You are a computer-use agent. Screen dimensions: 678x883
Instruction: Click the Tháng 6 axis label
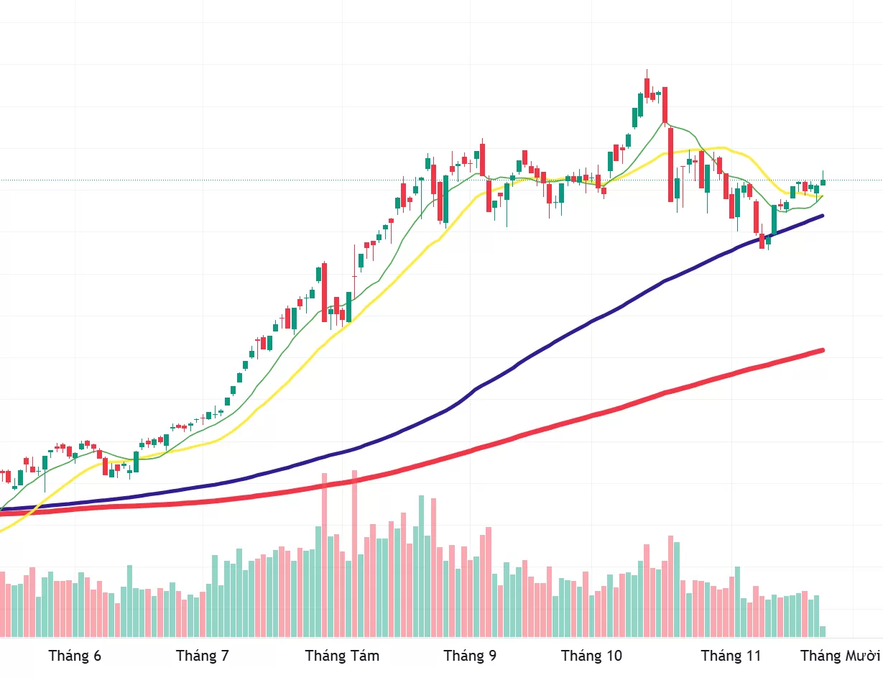75,656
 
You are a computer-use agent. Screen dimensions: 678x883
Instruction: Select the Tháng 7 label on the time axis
202,656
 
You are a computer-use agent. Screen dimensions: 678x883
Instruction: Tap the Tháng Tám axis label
342,656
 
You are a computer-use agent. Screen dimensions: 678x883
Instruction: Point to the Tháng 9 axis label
470,656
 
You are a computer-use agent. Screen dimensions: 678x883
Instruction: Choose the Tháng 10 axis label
591,656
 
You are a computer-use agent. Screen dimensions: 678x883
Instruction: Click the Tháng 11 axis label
731,656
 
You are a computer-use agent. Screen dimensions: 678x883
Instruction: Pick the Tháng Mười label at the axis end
841,656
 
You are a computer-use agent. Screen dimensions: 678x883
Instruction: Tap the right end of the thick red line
821,351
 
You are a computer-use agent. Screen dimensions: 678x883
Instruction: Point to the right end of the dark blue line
821,216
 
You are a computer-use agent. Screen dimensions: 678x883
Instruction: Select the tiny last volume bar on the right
823,631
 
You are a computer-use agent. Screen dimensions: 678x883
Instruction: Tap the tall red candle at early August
324,291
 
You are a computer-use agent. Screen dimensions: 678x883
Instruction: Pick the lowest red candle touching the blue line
762,241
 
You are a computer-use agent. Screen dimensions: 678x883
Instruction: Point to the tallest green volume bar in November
736,601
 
